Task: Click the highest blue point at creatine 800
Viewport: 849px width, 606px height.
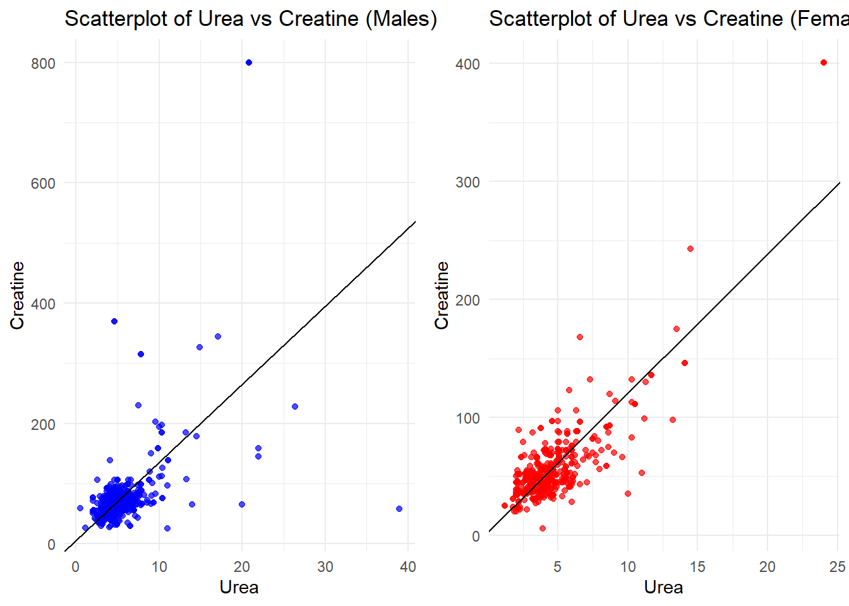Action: [x=249, y=62]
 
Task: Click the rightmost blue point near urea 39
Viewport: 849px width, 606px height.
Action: [x=399, y=509]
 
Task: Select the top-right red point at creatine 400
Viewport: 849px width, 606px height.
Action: [x=824, y=62]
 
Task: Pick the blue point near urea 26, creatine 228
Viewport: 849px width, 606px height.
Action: [x=295, y=407]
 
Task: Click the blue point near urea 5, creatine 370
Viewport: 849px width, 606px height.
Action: [x=114, y=321]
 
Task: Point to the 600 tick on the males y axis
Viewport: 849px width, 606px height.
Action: [x=43, y=183]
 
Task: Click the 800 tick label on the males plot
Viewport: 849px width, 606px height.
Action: [x=43, y=63]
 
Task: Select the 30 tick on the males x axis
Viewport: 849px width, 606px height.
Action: [x=325, y=567]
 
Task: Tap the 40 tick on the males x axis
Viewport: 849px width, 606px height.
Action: [x=408, y=567]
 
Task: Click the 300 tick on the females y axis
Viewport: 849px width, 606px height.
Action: [x=467, y=182]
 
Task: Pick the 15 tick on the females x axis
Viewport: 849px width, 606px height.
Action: [x=697, y=567]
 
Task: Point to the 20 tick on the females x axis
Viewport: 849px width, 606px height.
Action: [x=768, y=567]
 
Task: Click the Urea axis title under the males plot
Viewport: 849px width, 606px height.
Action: [x=239, y=588]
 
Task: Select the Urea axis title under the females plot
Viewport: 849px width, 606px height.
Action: [x=663, y=588]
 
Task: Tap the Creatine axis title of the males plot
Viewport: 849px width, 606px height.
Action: [x=17, y=295]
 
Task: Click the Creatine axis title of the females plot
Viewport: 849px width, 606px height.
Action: [x=442, y=295]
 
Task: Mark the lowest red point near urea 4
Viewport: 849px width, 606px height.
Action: [x=543, y=528]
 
